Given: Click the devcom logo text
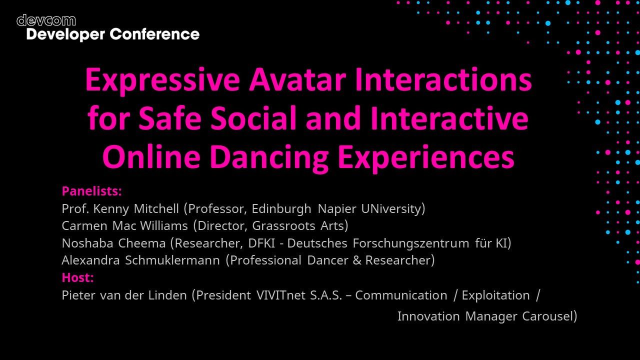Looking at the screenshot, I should coord(46,20).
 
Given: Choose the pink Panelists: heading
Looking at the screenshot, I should coord(91,191).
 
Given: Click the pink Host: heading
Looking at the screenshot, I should coord(77,277).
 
